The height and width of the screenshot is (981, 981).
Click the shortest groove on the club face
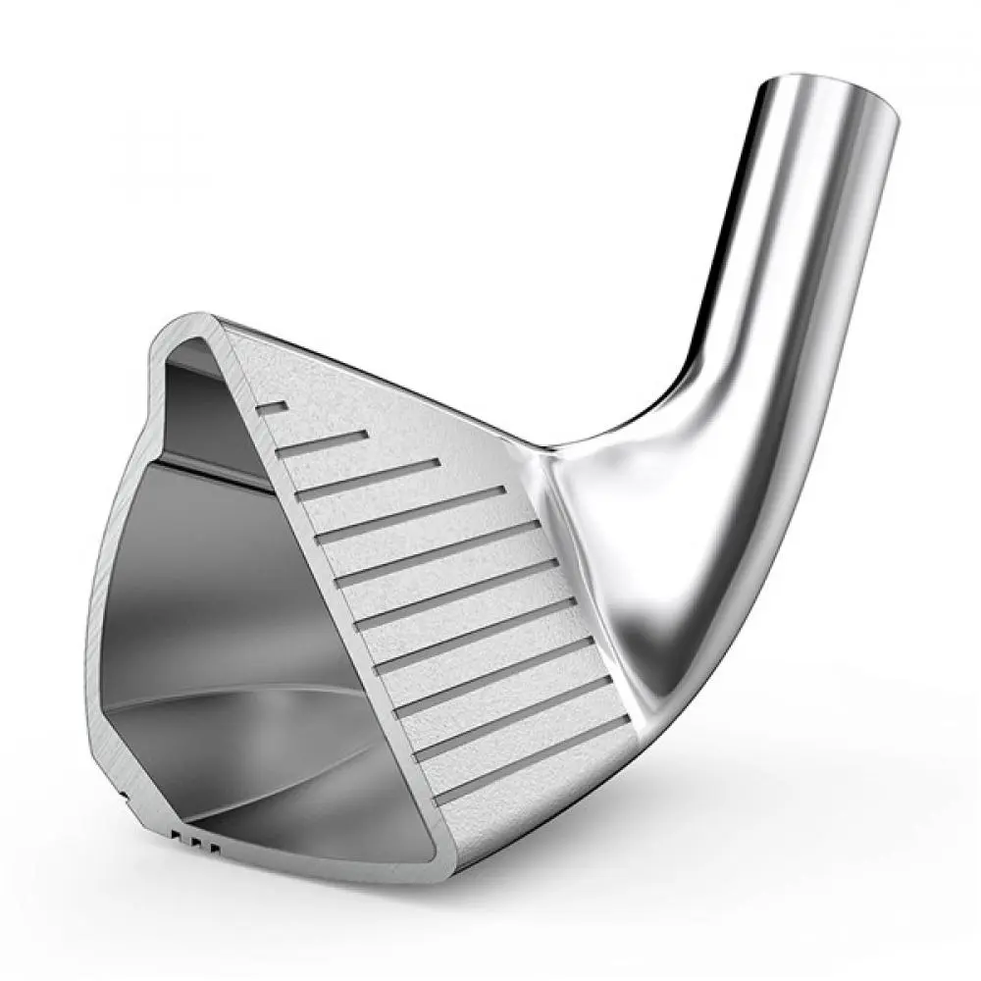pos(272,406)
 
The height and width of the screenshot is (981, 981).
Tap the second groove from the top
pos(322,442)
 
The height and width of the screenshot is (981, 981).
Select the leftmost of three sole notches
pos(175,836)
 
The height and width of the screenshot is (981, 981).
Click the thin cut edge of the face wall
pos(324,608)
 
